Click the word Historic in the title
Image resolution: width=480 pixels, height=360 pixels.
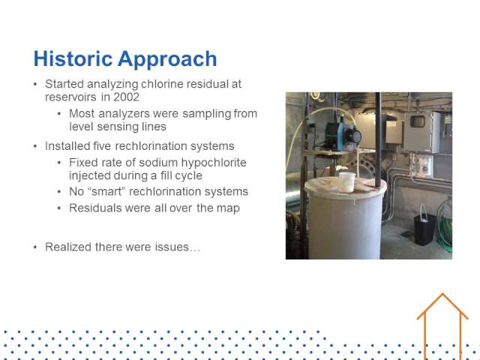point(73,58)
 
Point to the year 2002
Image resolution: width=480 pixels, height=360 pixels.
point(127,97)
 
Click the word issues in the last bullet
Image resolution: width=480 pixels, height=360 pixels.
point(172,247)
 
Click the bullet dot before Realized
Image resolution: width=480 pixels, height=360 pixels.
point(35,247)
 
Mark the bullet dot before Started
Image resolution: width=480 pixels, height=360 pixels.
point(35,84)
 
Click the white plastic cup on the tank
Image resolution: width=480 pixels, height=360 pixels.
point(347,182)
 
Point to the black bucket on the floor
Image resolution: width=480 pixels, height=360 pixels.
point(424,229)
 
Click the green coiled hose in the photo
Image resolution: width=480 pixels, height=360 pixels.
point(445,226)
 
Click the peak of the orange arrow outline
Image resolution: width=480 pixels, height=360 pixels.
point(442,294)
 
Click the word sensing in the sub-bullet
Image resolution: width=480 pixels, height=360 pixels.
point(118,127)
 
